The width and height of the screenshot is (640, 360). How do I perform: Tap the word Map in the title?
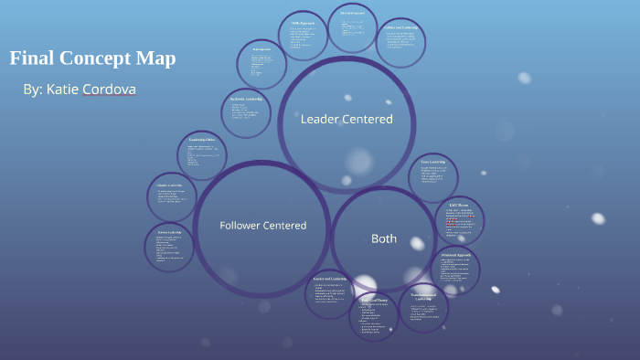point(154,59)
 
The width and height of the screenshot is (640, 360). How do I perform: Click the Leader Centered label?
point(347,119)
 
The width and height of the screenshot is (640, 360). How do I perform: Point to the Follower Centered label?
point(262,225)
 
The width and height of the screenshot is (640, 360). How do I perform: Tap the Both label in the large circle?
point(384,238)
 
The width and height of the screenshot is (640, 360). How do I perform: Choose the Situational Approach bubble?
point(454,270)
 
